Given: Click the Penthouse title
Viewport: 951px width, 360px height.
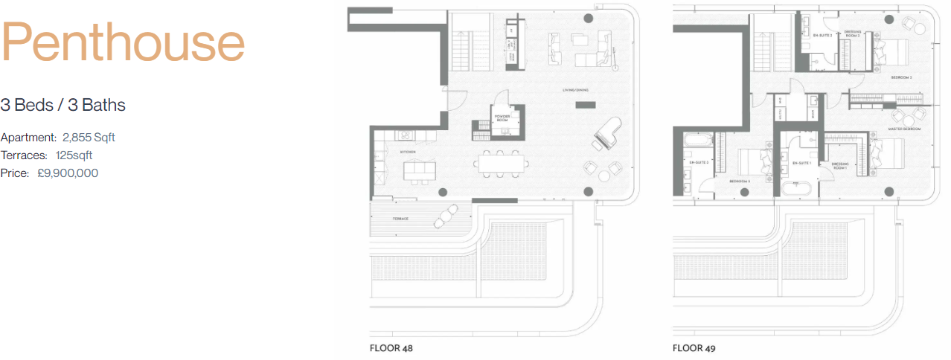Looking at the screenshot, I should click(123, 43).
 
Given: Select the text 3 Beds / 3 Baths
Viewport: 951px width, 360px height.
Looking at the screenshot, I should click(63, 105).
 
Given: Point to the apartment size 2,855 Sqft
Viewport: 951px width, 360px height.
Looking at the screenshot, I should click(89, 138).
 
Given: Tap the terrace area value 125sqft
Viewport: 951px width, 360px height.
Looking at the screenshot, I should click(74, 155).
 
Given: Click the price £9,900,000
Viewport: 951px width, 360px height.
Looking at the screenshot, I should click(68, 173).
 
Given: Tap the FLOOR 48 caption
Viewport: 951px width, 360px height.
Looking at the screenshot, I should click(391, 347).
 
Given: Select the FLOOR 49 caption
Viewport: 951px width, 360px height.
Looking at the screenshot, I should click(694, 347).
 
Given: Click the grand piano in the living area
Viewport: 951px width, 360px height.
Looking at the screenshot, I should click(607, 135).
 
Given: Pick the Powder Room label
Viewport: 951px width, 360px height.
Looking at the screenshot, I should click(501, 118).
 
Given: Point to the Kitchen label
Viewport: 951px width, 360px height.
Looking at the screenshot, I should click(407, 152).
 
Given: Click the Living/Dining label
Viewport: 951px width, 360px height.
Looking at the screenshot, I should click(575, 90).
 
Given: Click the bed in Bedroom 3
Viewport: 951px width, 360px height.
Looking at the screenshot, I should click(755, 160).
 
